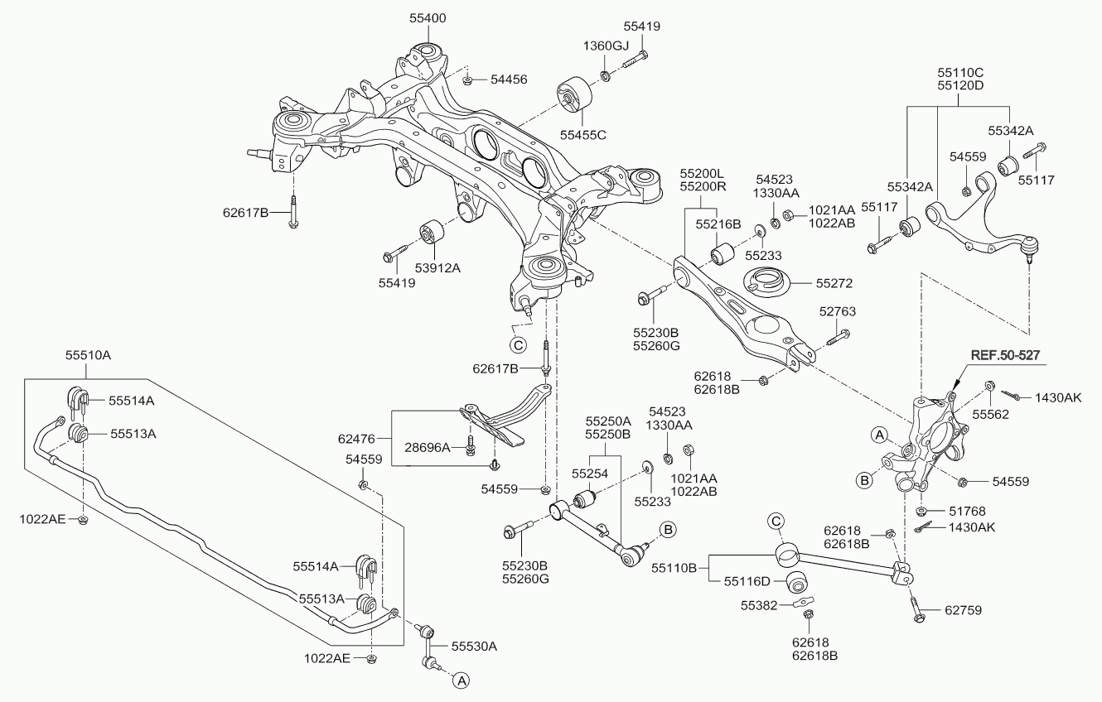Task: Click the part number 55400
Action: tap(428, 18)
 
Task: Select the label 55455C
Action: tap(583, 135)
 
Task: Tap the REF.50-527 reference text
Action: tap(1005, 355)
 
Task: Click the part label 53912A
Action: tap(437, 268)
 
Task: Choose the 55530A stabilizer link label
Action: tap(474, 646)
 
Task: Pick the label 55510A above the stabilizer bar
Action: tap(88, 355)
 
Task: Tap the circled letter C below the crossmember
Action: tap(518, 345)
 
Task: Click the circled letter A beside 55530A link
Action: tap(461, 680)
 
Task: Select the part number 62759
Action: tap(963, 610)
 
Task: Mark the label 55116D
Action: tap(747, 582)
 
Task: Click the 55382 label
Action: tap(759, 606)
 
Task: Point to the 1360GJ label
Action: tap(607, 46)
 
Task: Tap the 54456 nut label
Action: tap(509, 79)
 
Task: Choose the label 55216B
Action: tap(718, 224)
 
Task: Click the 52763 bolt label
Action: tap(838, 311)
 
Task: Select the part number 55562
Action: tap(990, 415)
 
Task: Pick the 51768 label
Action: tap(967, 512)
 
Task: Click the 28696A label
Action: tap(427, 447)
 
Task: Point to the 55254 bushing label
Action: tap(590, 474)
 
